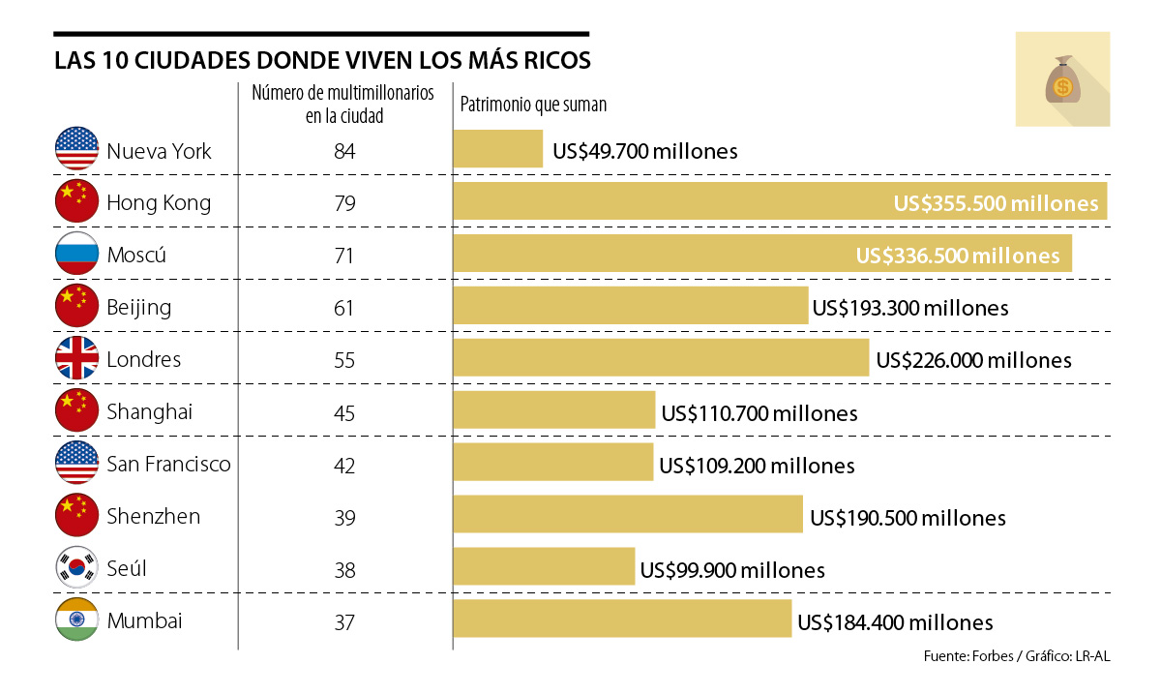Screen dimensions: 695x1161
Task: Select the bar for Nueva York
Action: pyautogui.click(x=498, y=150)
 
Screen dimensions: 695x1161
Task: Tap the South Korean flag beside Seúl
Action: pyautogui.click(x=77, y=568)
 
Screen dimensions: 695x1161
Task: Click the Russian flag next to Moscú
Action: pyautogui.click(x=77, y=255)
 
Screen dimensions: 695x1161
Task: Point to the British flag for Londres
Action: pyautogui.click(x=77, y=359)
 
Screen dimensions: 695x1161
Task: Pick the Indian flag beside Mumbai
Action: pyautogui.click(x=77, y=620)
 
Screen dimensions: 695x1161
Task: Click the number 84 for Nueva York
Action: pyautogui.click(x=344, y=151)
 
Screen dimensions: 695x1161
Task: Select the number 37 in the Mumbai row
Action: pyautogui.click(x=344, y=621)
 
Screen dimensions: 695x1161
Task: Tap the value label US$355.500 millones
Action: pyautogui.click(x=997, y=203)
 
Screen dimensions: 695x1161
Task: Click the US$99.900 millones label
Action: pyautogui.click(x=732, y=570)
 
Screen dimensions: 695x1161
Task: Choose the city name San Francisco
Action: pyautogui.click(x=168, y=464)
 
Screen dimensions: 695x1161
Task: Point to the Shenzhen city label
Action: pyautogui.click(x=154, y=516)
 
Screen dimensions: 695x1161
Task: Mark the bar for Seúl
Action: pyautogui.click(x=544, y=568)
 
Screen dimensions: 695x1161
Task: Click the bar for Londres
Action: pyautogui.click(x=661, y=359)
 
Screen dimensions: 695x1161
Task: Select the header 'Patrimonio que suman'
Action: pyautogui.click(x=533, y=105)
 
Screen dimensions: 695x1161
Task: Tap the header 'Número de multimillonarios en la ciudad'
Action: pyautogui.click(x=342, y=105)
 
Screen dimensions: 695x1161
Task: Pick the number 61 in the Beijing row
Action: pyautogui.click(x=344, y=308)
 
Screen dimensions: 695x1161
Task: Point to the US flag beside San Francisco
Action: pyautogui.click(x=77, y=464)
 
